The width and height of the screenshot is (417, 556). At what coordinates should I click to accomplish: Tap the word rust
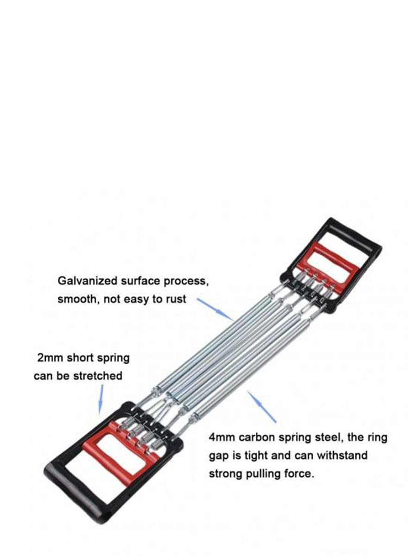pos(176,299)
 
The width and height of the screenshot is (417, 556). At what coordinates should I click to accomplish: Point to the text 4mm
pos(221,437)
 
